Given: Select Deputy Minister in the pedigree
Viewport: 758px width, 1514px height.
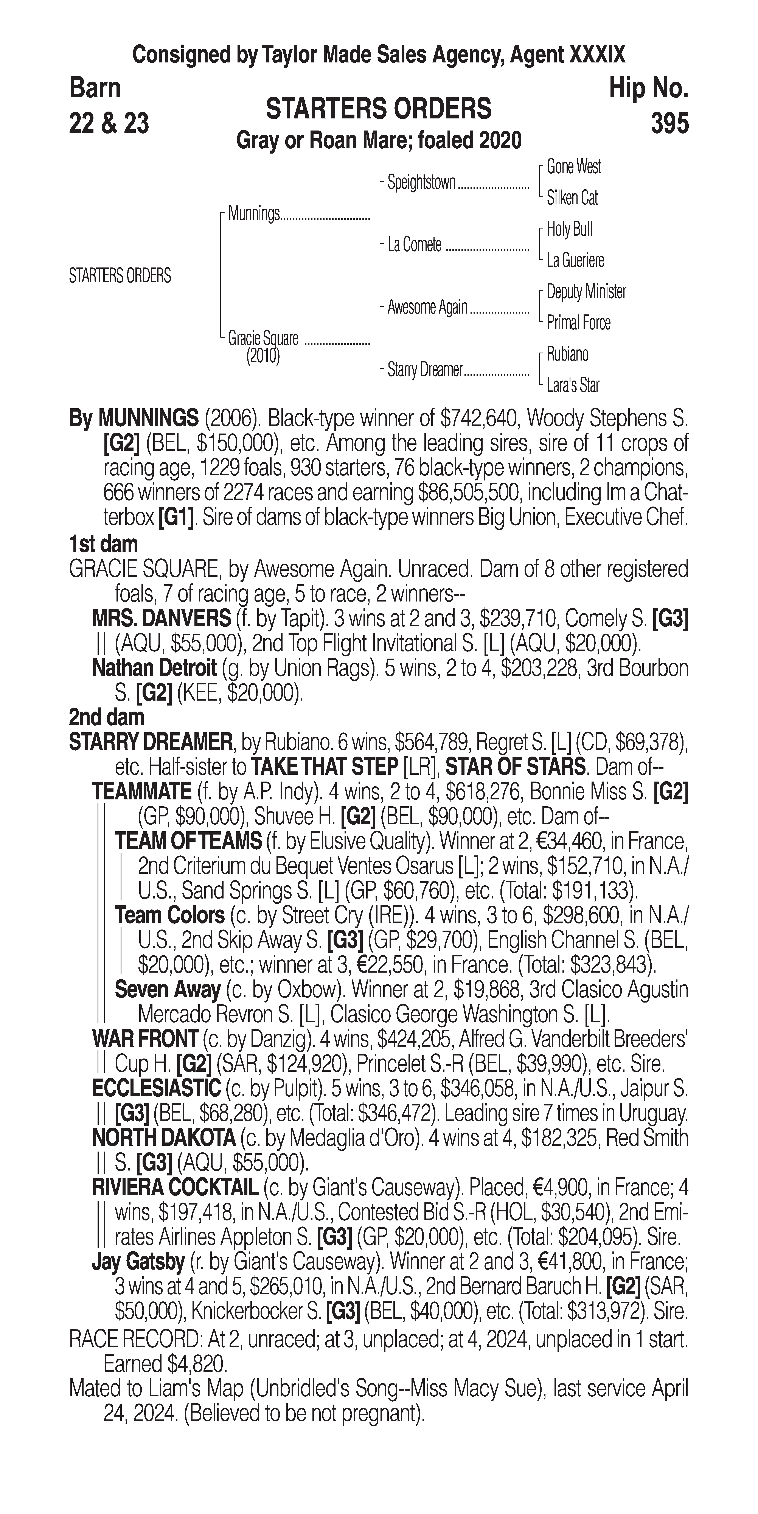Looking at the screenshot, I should [x=586, y=292].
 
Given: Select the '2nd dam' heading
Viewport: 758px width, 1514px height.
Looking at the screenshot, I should [x=106, y=718].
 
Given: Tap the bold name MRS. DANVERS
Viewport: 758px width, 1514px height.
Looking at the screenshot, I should [x=162, y=619].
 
